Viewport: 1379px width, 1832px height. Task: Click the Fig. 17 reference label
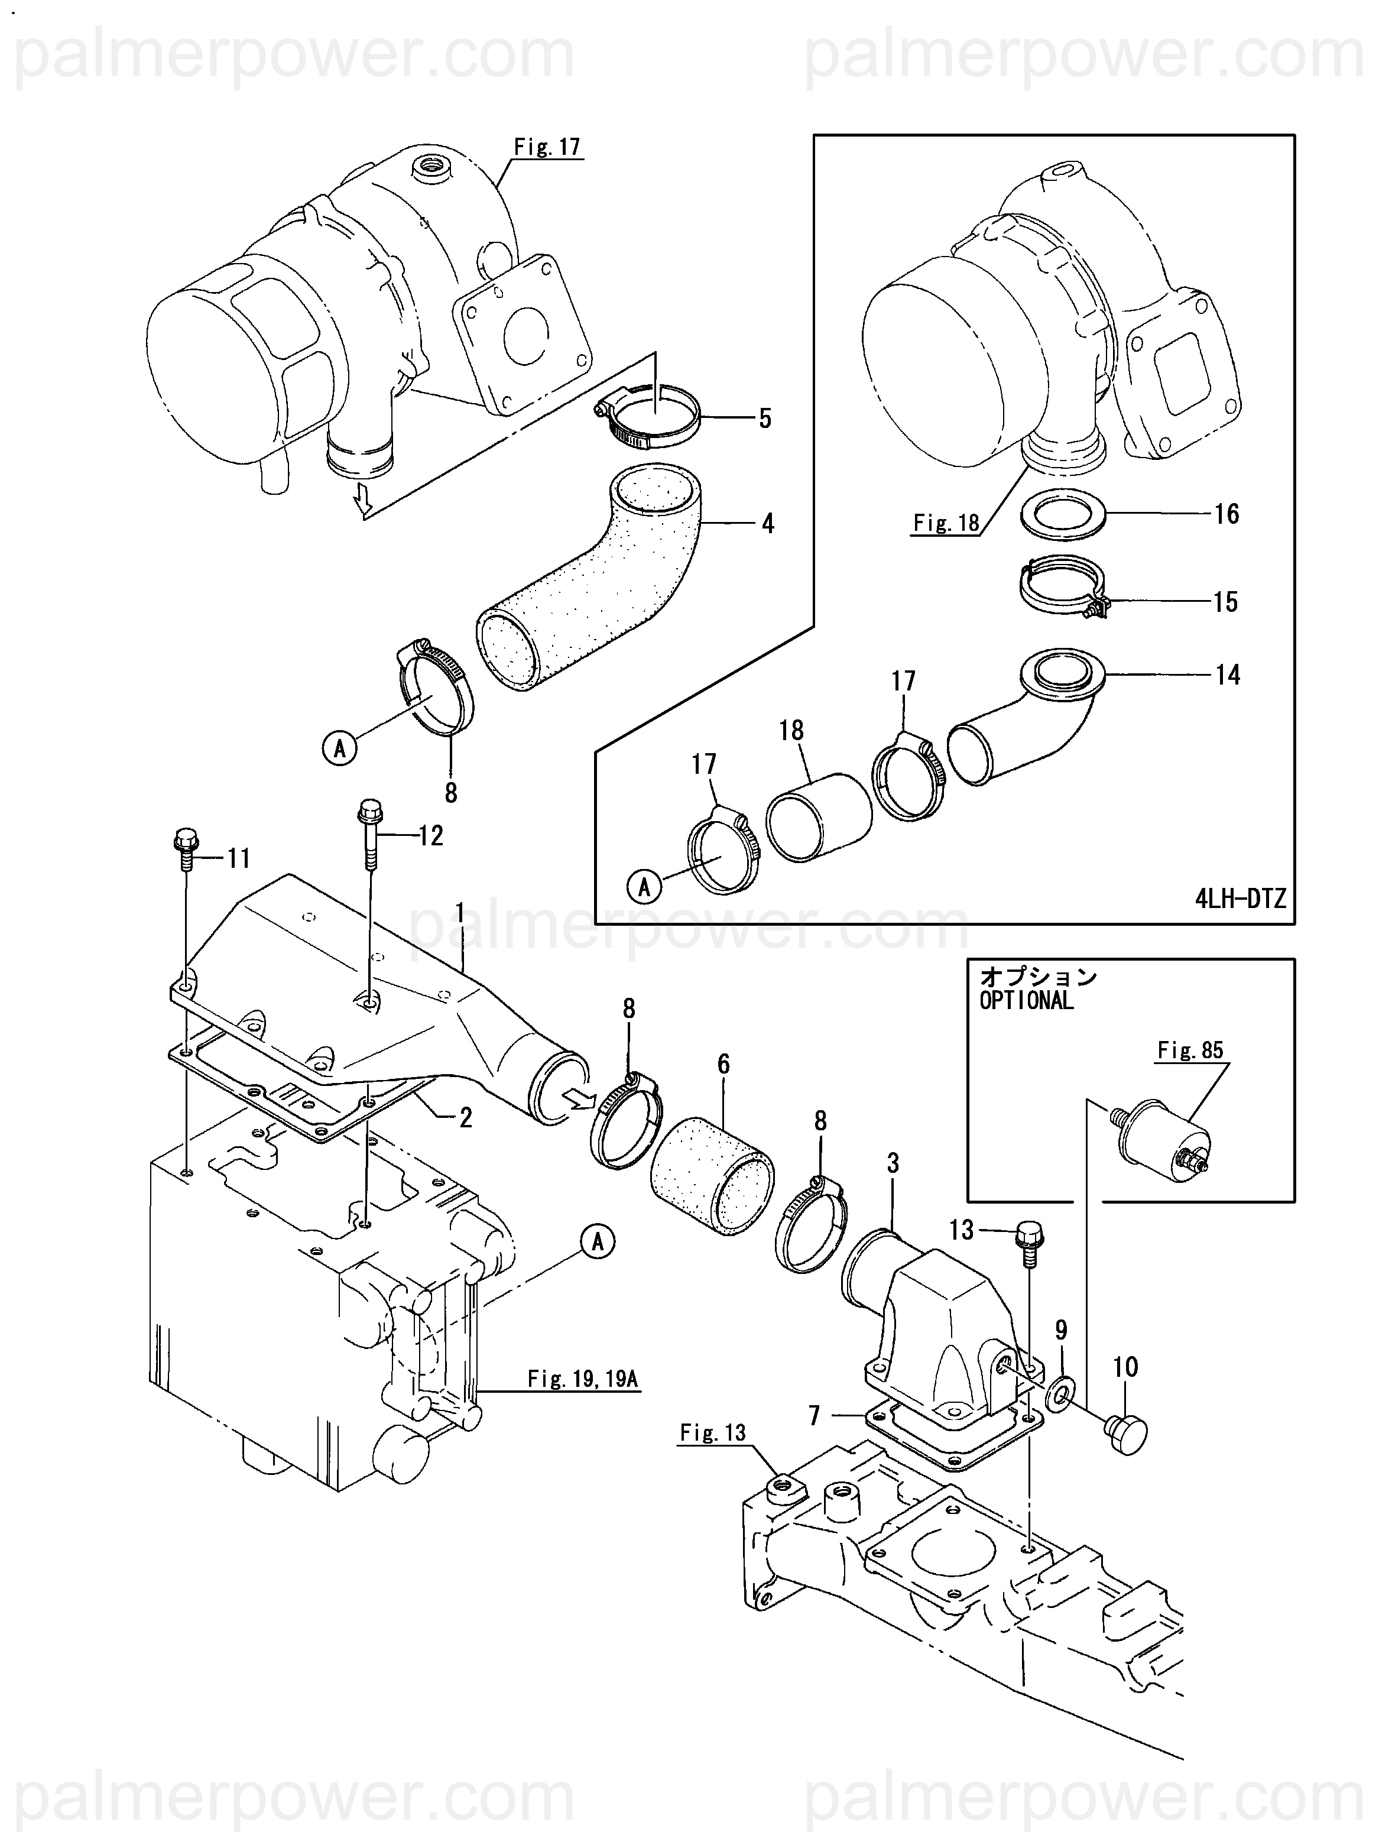point(547,147)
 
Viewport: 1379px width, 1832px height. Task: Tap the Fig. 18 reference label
point(946,523)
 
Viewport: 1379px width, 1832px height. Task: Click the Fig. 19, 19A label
point(583,1379)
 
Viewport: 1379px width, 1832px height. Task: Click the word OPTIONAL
point(1026,1000)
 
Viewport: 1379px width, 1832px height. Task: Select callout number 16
point(1227,514)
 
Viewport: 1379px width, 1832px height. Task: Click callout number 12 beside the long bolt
point(431,836)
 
